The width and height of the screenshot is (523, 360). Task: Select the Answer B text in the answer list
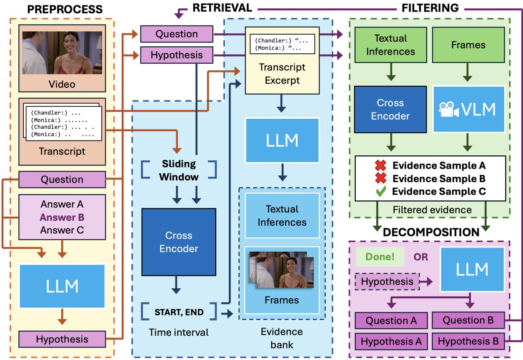(63, 217)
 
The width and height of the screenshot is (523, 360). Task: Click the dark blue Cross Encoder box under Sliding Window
(179, 242)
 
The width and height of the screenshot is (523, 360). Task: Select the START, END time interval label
(180, 310)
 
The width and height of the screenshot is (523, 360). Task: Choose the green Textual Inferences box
(390, 45)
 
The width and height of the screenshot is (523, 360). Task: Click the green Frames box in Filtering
(468, 45)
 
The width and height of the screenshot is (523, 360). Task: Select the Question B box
(468, 320)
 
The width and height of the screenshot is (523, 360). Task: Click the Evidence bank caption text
(281, 337)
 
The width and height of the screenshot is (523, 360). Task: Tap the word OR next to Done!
(421, 257)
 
